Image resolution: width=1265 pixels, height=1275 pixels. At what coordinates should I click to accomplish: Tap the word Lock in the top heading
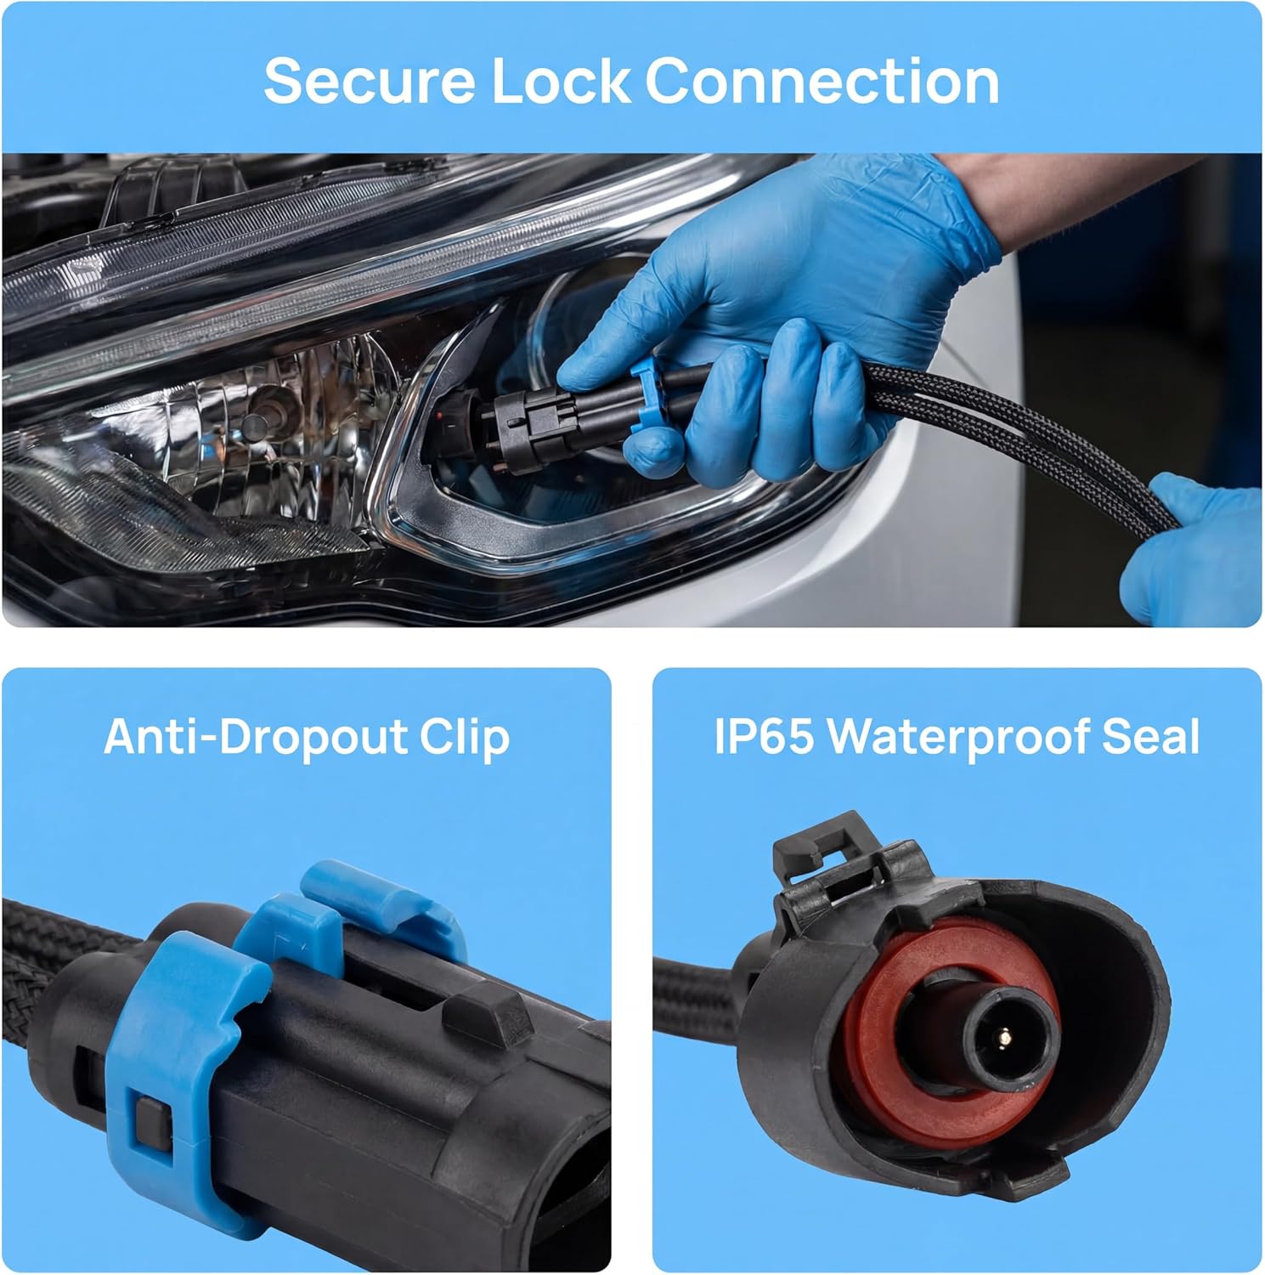(x=561, y=82)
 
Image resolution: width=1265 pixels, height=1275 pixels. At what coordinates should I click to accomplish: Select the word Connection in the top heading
(x=822, y=82)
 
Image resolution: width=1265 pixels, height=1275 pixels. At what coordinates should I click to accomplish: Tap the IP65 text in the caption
(x=762, y=737)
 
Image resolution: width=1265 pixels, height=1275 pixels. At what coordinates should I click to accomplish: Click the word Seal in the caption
(x=1151, y=737)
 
